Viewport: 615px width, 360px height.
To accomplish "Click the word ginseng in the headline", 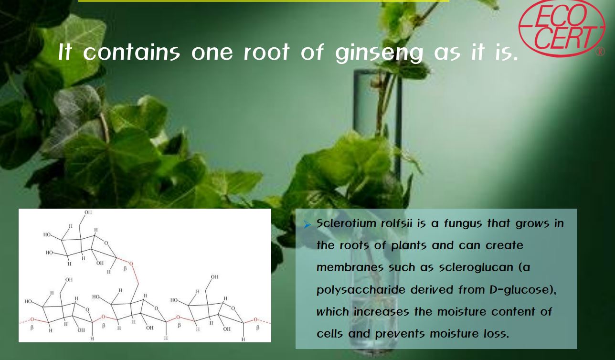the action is pyautogui.click(x=379, y=53).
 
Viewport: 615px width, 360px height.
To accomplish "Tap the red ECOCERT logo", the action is pyautogui.click(x=562, y=28).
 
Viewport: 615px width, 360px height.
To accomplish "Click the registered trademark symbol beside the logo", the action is pyautogui.click(x=600, y=52).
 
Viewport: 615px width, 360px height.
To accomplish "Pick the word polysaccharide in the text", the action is pyautogui.click(x=361, y=290).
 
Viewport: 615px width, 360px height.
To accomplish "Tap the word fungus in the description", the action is pyautogui.click(x=463, y=224).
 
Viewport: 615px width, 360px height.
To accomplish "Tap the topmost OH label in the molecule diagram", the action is pyautogui.click(x=88, y=212).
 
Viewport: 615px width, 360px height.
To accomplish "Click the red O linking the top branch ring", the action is pyautogui.click(x=131, y=264).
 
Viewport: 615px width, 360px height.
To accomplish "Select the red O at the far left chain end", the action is pyautogui.click(x=32, y=319).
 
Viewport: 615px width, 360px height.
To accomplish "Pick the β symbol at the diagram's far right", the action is pyautogui.click(x=257, y=328).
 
